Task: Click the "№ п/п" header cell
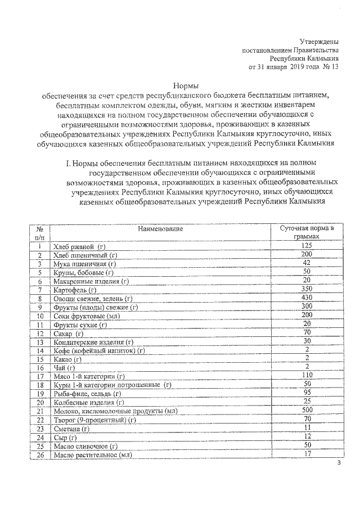pos(40,233)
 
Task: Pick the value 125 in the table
pos(306,246)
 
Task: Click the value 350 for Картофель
pos(306,289)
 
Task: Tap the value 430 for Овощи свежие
pos(306,298)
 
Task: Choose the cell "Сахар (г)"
pos(67,334)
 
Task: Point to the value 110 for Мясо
pos(306,376)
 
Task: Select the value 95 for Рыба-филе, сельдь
pos(306,393)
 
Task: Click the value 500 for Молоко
pos(306,411)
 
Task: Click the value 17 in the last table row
pos(306,454)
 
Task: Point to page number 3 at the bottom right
pos(339,463)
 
